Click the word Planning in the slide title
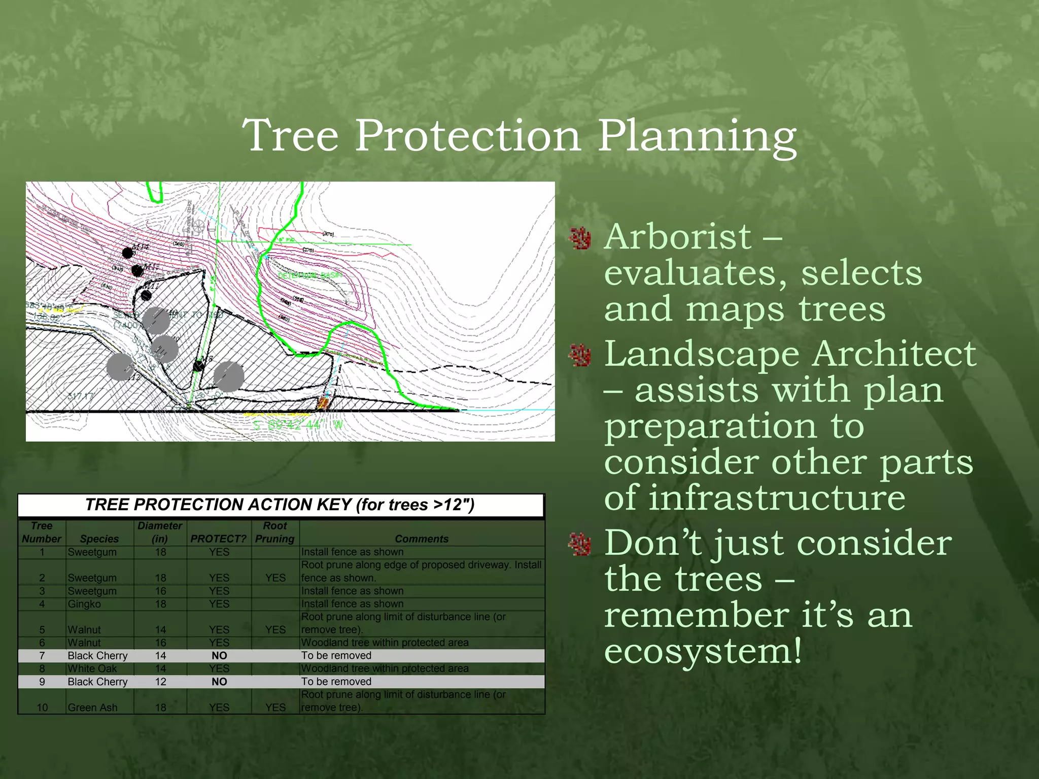[697, 136]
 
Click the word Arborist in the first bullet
[678, 237]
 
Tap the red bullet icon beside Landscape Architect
[580, 355]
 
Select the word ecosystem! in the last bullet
[703, 651]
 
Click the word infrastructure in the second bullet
[754, 498]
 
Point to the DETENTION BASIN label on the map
[310, 275]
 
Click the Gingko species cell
[84, 604]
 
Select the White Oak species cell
[92, 669]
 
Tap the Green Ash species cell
[92, 707]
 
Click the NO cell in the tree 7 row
[219, 656]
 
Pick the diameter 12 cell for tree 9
[160, 682]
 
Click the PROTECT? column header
[218, 539]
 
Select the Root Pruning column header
[274, 533]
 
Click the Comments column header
[422, 539]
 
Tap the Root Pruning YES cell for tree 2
[275, 578]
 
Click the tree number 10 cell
[42, 707]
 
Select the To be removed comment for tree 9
[336, 682]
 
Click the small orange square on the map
[323, 404]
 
